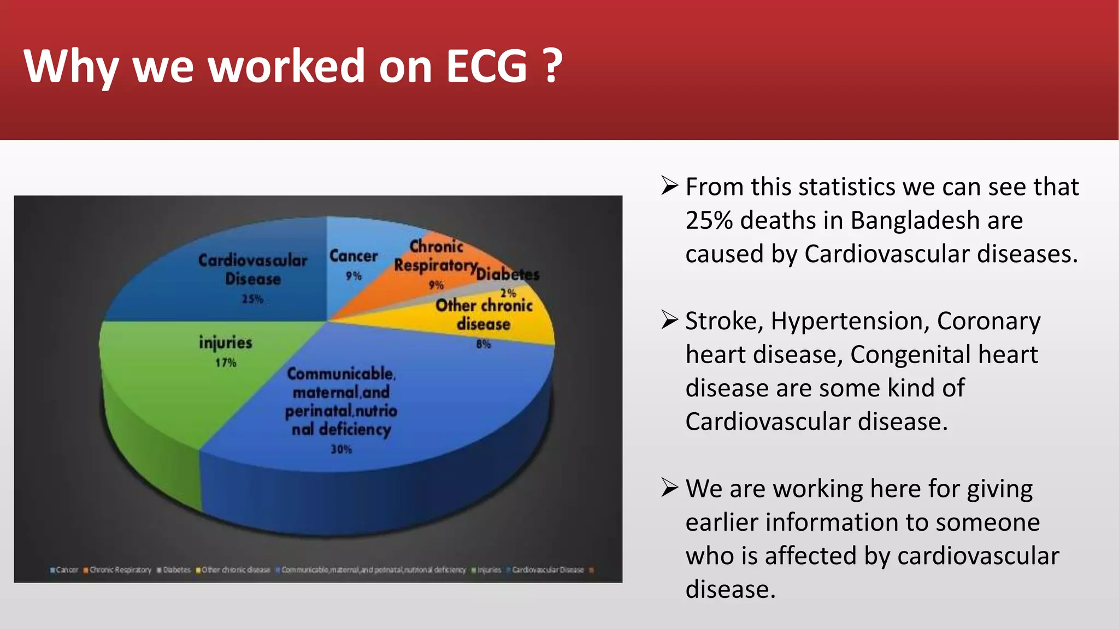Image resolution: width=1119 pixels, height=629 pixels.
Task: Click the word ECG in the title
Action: point(487,66)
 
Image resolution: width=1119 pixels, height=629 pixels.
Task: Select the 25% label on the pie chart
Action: point(252,299)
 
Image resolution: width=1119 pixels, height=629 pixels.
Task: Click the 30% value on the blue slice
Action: point(341,449)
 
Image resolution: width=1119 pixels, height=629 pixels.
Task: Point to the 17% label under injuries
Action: point(226,363)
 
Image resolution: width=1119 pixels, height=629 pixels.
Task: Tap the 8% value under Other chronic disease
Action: point(484,344)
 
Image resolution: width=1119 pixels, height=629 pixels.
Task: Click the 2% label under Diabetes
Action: point(508,293)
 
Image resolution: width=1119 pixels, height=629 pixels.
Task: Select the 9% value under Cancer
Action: point(354,276)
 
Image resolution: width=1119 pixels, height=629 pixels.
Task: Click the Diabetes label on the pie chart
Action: point(508,274)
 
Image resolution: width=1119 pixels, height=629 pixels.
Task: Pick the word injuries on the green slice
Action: point(226,343)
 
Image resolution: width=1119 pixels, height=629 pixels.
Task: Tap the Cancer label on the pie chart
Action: point(354,256)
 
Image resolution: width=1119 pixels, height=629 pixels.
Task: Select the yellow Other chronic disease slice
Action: point(525,328)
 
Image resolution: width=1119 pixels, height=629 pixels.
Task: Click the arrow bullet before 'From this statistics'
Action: point(669,186)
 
